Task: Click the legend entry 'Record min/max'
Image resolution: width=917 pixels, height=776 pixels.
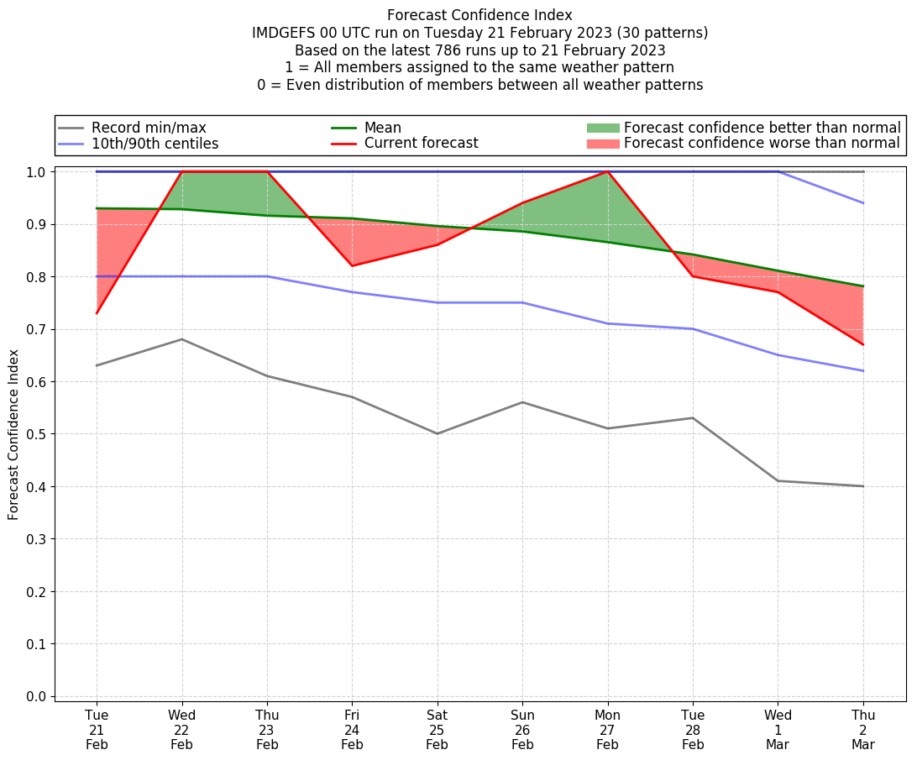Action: tap(149, 128)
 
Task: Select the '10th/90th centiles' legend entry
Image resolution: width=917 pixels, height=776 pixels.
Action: tap(155, 144)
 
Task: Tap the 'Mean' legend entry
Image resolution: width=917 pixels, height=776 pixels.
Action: tap(382, 128)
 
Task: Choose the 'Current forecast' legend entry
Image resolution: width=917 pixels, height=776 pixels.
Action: tap(421, 144)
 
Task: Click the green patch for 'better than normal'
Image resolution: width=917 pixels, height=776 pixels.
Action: tap(603, 128)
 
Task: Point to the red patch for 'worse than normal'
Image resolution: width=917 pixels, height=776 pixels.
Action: tap(603, 144)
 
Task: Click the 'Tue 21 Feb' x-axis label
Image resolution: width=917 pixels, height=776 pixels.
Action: tap(97, 729)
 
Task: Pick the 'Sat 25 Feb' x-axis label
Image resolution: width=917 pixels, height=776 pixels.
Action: tap(437, 729)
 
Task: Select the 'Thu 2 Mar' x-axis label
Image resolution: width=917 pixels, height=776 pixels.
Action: tap(863, 729)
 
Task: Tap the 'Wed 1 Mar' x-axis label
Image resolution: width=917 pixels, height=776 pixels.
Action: tap(778, 729)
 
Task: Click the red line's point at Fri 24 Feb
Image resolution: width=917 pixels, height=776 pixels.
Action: tap(352, 265)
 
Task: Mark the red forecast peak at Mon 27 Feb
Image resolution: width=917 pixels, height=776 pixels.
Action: tap(607, 171)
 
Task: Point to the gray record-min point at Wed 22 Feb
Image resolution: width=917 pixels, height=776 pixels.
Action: tap(182, 339)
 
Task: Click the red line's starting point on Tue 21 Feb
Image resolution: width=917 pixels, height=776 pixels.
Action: tap(97, 313)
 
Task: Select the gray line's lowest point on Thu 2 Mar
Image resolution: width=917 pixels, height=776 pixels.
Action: tap(863, 486)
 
